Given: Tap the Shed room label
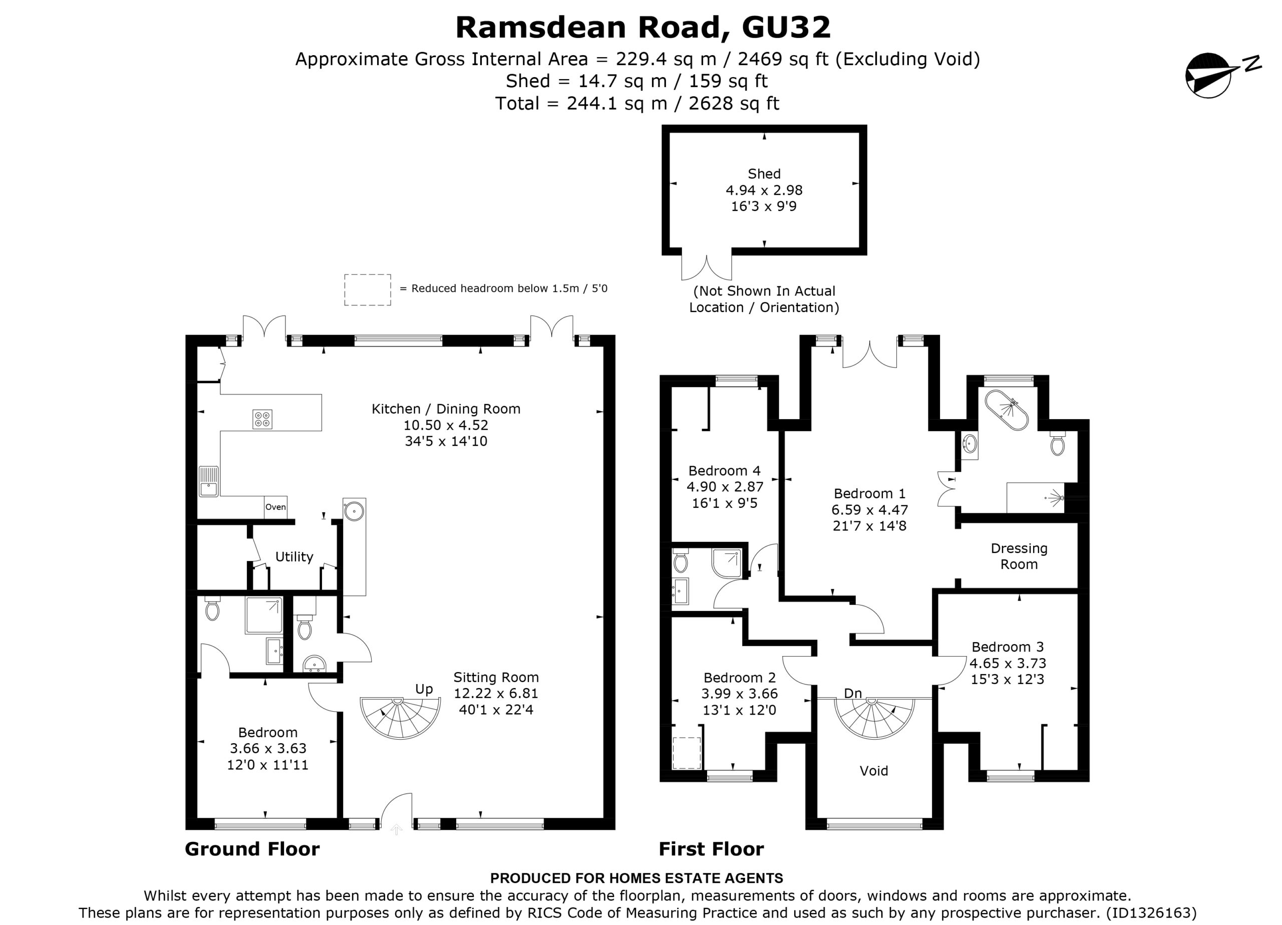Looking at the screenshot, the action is [764, 174].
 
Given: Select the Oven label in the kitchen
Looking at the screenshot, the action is [276, 507].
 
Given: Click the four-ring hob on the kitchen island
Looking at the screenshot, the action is [262, 419].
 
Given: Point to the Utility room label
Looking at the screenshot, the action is [294, 557].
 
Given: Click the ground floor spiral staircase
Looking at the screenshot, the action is [400, 718].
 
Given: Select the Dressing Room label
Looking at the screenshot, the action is [1019, 556].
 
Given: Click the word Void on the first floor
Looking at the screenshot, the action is [874, 771].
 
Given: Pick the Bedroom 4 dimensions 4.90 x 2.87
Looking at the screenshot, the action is [725, 487].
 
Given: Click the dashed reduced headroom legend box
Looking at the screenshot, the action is [368, 290].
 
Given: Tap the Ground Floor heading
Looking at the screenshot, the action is [252, 849].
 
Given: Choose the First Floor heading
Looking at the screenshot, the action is [711, 849].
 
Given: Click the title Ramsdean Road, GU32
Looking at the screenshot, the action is [644, 27].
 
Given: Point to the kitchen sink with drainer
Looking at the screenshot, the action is [209, 481].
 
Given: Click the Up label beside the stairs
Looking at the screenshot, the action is [424, 689].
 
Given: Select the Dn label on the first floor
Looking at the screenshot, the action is [853, 693].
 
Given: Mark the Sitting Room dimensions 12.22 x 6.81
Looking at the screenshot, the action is [496, 693].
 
